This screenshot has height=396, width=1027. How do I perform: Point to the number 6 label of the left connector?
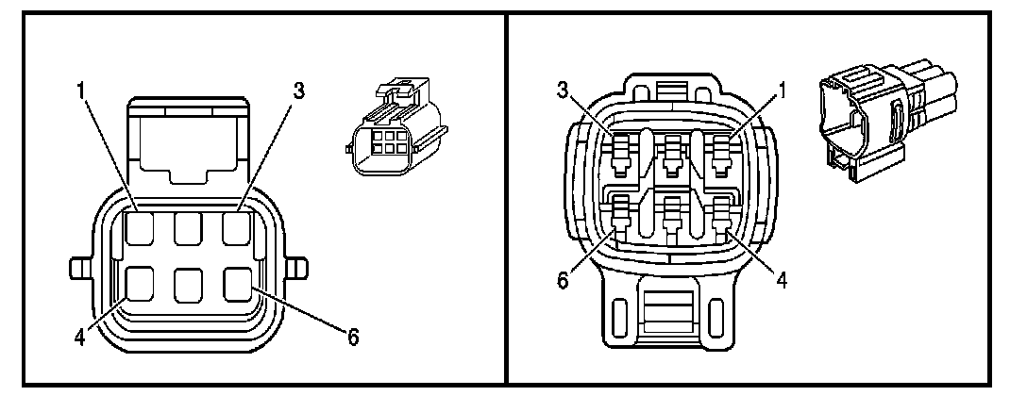click(x=354, y=336)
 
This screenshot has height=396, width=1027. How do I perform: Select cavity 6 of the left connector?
click(x=237, y=282)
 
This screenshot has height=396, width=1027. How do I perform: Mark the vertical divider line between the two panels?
click(x=506, y=198)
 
